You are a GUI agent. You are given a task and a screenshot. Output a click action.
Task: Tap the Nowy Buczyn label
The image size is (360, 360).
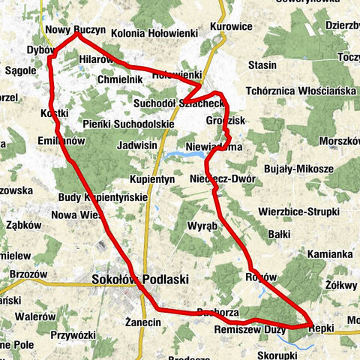73,31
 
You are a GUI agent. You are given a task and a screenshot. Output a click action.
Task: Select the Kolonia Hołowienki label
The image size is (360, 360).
153,34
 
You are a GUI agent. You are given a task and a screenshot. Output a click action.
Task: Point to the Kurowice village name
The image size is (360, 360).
230,26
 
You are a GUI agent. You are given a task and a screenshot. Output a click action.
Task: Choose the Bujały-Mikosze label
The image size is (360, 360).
298,169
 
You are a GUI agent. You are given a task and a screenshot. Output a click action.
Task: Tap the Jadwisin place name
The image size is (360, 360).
136,145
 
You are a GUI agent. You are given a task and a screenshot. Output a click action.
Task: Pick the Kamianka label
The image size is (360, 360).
329,254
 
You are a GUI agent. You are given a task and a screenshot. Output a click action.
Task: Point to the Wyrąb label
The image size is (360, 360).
202,226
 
